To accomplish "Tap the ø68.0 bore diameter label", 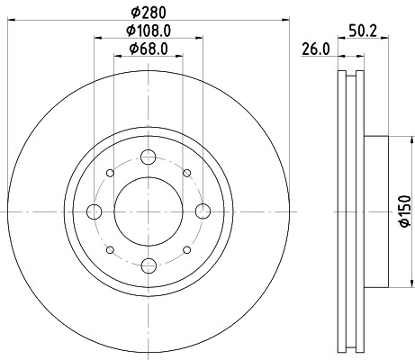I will pos(148,49).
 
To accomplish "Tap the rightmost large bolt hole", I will pos(202,211).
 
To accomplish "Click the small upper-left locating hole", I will pos(110,174).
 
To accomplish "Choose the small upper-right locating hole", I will pos(185,174).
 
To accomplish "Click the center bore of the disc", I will pos(148,211).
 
